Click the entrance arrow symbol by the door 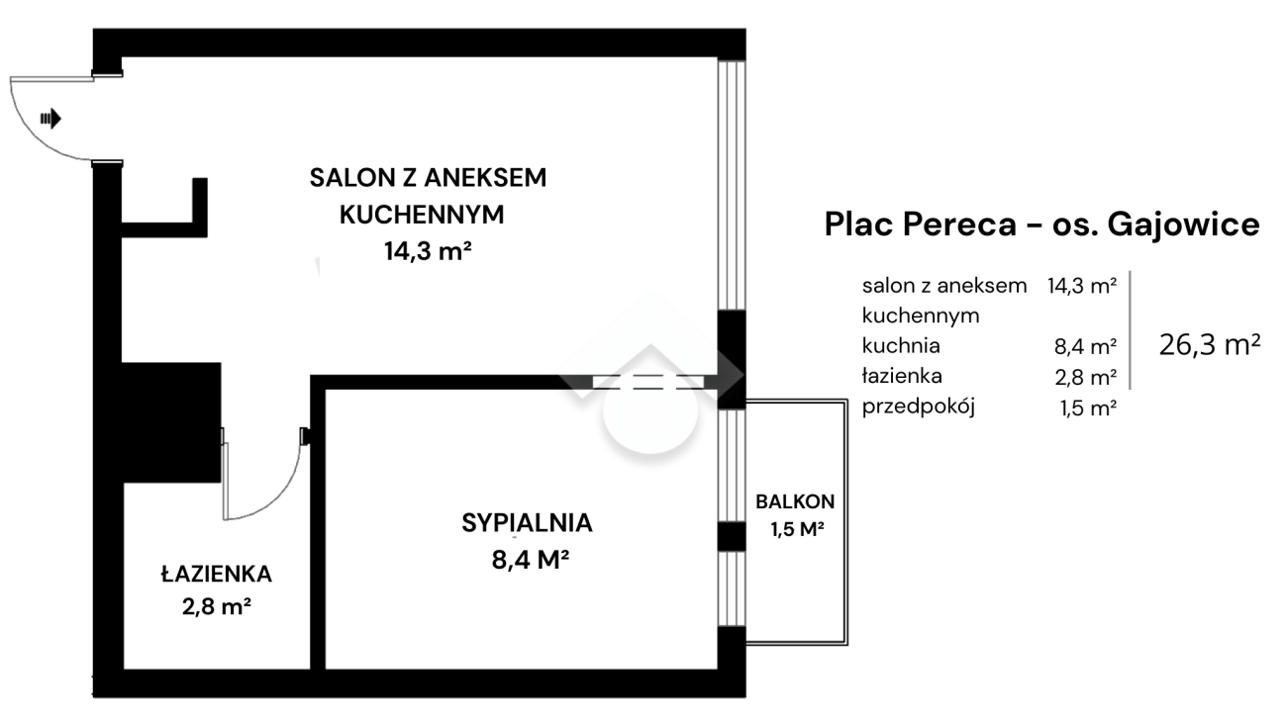coord(50,119)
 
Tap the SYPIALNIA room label coord(527,523)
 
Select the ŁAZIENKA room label coord(216,574)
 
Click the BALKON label coord(795,501)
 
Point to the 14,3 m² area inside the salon coord(428,251)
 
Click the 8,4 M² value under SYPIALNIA coord(531,560)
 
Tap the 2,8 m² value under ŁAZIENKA coord(217,606)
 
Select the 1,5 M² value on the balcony coord(798,529)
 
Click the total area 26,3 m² coord(1210,345)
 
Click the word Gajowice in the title coord(1184,225)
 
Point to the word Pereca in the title coord(959,224)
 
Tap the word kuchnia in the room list coord(901,345)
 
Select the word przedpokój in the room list coord(919,407)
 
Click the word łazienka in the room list coord(902,376)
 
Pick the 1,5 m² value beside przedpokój coord(1088,407)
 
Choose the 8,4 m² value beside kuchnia coord(1085,346)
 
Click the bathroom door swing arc coord(280,498)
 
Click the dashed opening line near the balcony coord(648,383)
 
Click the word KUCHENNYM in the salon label coord(422,215)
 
